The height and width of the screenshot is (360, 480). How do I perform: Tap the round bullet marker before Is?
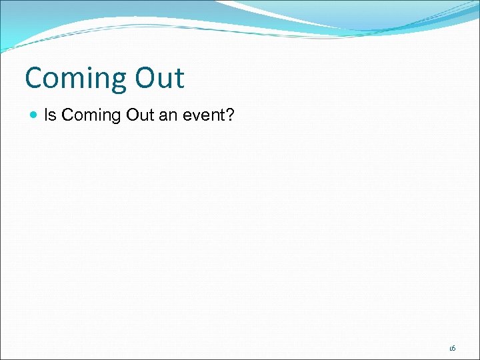(x=34, y=115)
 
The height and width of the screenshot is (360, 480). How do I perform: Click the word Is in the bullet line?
(x=50, y=115)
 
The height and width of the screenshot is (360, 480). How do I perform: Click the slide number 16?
(x=452, y=348)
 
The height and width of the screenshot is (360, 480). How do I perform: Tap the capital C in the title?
(x=34, y=78)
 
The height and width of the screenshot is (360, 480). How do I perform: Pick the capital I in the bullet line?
(x=46, y=115)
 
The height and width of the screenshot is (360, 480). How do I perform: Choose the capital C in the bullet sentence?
(x=67, y=115)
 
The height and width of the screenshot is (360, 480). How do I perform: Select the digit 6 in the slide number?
(x=453, y=348)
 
